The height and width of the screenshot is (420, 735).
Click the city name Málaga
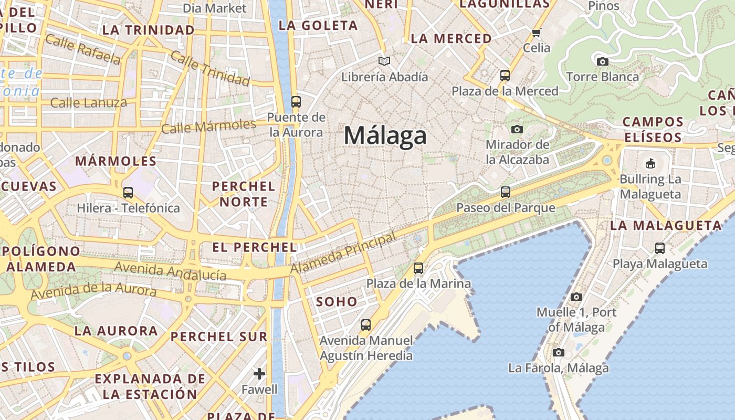[x=385, y=136]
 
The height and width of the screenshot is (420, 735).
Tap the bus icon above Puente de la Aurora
[x=296, y=101]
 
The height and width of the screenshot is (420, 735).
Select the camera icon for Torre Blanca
[x=603, y=61]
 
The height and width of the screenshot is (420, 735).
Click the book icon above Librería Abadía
[x=385, y=61]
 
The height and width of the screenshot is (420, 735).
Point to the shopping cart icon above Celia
[x=537, y=33]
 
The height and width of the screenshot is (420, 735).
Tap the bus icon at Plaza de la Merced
[x=505, y=76]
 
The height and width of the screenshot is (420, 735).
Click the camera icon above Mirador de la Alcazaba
[x=517, y=129]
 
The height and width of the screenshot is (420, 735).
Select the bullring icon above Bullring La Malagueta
[x=650, y=163]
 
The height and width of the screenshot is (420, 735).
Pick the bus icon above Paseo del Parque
[x=506, y=192]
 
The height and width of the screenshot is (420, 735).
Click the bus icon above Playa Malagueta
[x=660, y=248]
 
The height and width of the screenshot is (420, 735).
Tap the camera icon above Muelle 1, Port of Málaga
[x=576, y=297]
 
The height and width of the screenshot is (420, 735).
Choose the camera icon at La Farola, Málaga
[x=559, y=352]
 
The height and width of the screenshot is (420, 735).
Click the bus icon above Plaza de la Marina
[x=418, y=268]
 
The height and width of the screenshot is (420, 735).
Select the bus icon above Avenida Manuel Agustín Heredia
[x=366, y=325]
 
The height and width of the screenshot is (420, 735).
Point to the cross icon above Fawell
[x=259, y=373]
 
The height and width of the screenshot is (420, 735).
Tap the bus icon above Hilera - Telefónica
[x=128, y=193]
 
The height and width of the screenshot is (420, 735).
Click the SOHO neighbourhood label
[x=337, y=302]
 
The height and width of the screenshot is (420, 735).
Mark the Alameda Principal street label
[x=343, y=254]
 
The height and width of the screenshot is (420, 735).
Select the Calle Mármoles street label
[x=208, y=127]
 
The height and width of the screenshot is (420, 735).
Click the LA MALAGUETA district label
[x=666, y=226]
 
